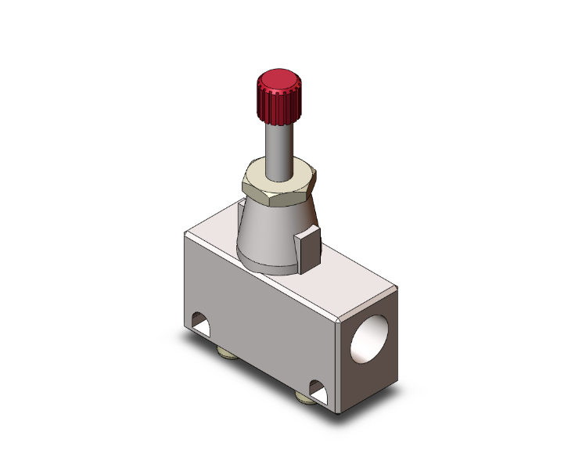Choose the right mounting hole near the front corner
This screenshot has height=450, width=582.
click(318, 387)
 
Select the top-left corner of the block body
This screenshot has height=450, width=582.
click(185, 235)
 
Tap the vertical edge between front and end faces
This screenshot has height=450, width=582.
click(338, 368)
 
